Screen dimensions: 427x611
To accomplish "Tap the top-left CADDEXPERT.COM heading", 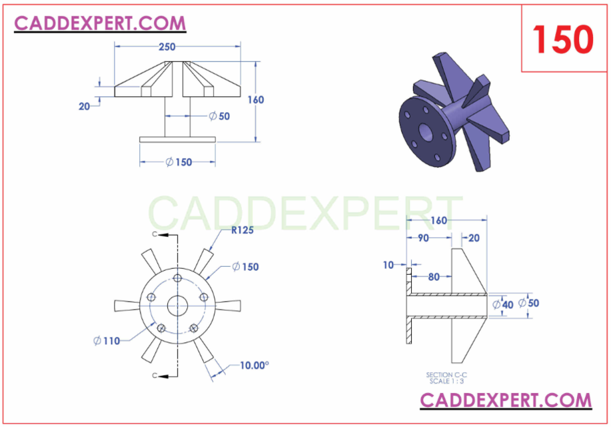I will click(x=100, y=23).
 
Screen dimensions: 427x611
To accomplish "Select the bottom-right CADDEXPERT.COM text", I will click(x=506, y=400).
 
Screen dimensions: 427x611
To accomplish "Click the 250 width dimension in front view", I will click(x=167, y=47).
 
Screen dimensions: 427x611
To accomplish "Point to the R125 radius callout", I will click(x=244, y=231).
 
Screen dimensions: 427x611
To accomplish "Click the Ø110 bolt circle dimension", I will click(x=107, y=340).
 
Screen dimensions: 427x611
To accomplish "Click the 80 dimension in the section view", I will click(x=434, y=276).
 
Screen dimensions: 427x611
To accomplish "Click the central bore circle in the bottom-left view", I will click(x=177, y=306).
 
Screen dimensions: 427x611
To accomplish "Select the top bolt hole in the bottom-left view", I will click(x=177, y=278).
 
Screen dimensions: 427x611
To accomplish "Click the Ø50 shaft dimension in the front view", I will click(x=219, y=116).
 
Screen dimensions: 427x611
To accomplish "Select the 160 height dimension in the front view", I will click(x=255, y=100).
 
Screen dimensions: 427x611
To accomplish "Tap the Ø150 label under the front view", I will click(x=179, y=161).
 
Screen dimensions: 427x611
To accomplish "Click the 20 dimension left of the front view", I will click(x=85, y=105).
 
